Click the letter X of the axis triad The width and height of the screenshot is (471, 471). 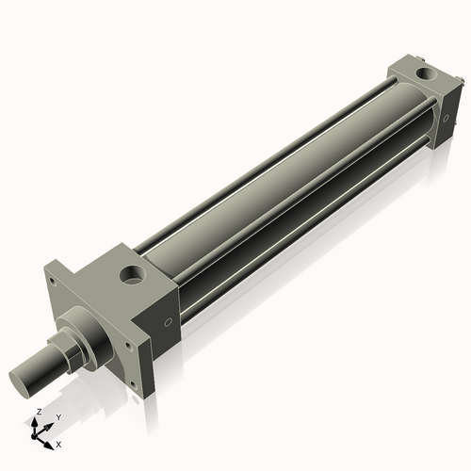click(59, 443)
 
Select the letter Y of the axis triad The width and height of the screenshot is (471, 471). click(57, 416)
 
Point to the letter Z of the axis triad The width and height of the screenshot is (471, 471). click(38, 413)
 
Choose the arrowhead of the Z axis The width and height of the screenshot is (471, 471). click(38, 421)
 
